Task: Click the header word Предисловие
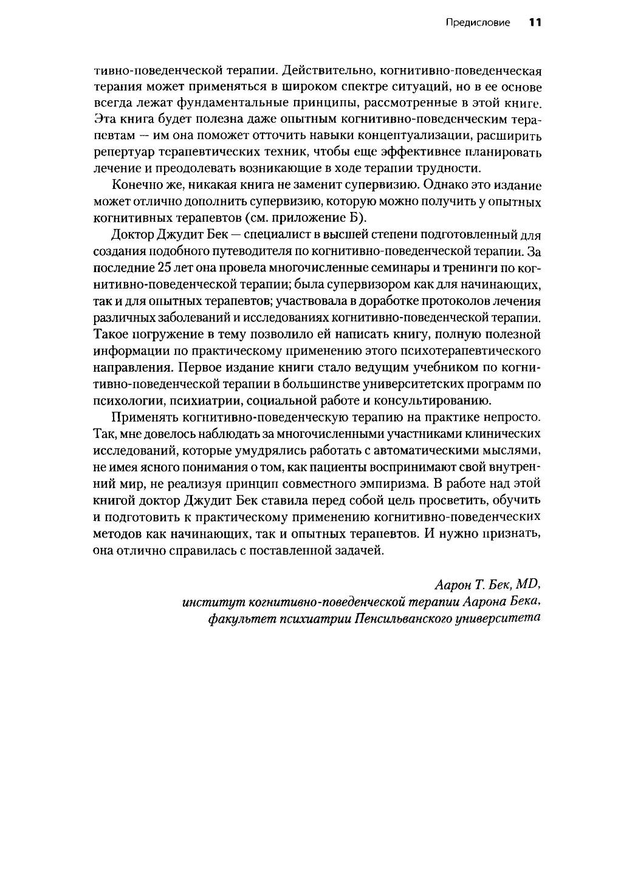[478, 23]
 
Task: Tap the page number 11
[535, 23]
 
